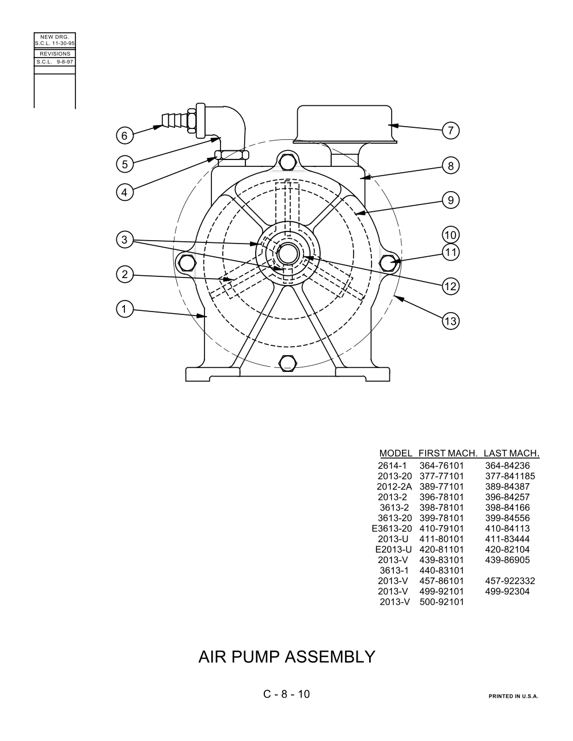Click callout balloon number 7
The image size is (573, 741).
pos(450,131)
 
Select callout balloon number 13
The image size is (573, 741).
pos(450,321)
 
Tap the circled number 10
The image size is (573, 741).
pos(450,235)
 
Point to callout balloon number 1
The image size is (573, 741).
pos(124,309)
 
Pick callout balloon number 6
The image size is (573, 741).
pos(124,136)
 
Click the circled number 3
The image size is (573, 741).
pos(124,240)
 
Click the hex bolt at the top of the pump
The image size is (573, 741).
pos(287,162)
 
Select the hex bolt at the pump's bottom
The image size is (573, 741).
pos(287,363)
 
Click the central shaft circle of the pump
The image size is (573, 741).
pos(288,254)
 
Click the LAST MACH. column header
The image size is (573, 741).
pos(511,453)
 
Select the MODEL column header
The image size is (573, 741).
pos(396,453)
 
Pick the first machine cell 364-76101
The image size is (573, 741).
pos(441,466)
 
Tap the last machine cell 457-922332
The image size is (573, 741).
pos(510,581)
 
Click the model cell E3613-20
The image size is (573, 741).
pos(392,529)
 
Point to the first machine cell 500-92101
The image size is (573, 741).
pos(441,602)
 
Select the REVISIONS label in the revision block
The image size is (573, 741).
pos(55,54)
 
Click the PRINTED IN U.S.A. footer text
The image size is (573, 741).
pos(513,696)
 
